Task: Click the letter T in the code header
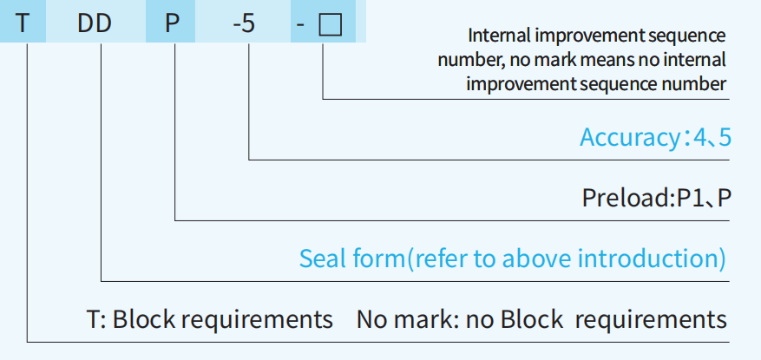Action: (23, 23)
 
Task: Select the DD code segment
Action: (95, 23)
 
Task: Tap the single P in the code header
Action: (172, 23)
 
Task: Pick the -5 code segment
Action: (244, 23)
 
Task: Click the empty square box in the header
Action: (330, 24)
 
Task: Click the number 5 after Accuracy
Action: (725, 138)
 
